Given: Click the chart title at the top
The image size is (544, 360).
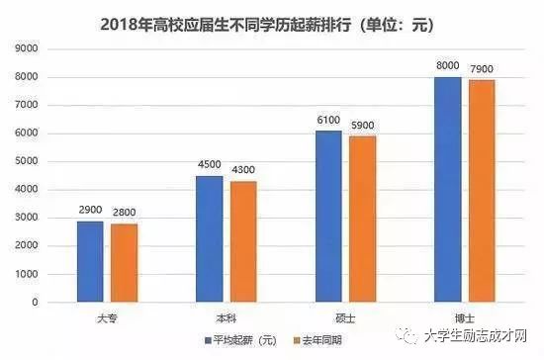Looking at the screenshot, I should tap(272, 23).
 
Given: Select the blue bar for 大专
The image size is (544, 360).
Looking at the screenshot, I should tap(90, 262).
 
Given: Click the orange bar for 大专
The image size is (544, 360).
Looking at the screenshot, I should tap(124, 263).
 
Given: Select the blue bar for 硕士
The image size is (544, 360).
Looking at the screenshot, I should tap(328, 217).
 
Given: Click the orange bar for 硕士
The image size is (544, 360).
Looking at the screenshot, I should tap(363, 220).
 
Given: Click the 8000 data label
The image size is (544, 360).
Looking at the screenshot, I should tap(448, 67).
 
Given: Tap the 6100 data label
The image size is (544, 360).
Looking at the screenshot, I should tap(328, 121).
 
